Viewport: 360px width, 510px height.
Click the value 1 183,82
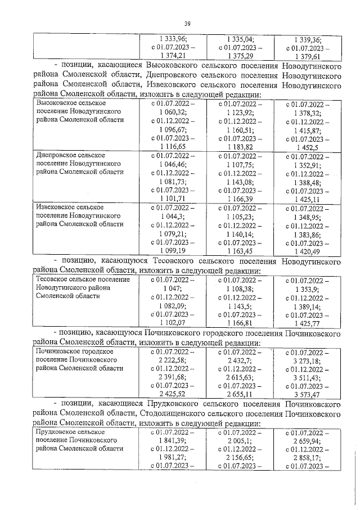click(x=241, y=146)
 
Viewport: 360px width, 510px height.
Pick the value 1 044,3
click(x=171, y=216)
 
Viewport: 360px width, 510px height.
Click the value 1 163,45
click(x=241, y=250)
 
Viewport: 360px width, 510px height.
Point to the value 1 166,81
click(x=241, y=322)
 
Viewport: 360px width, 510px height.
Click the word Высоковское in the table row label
click(x=59, y=105)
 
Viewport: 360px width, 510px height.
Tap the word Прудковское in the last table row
click(x=59, y=432)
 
